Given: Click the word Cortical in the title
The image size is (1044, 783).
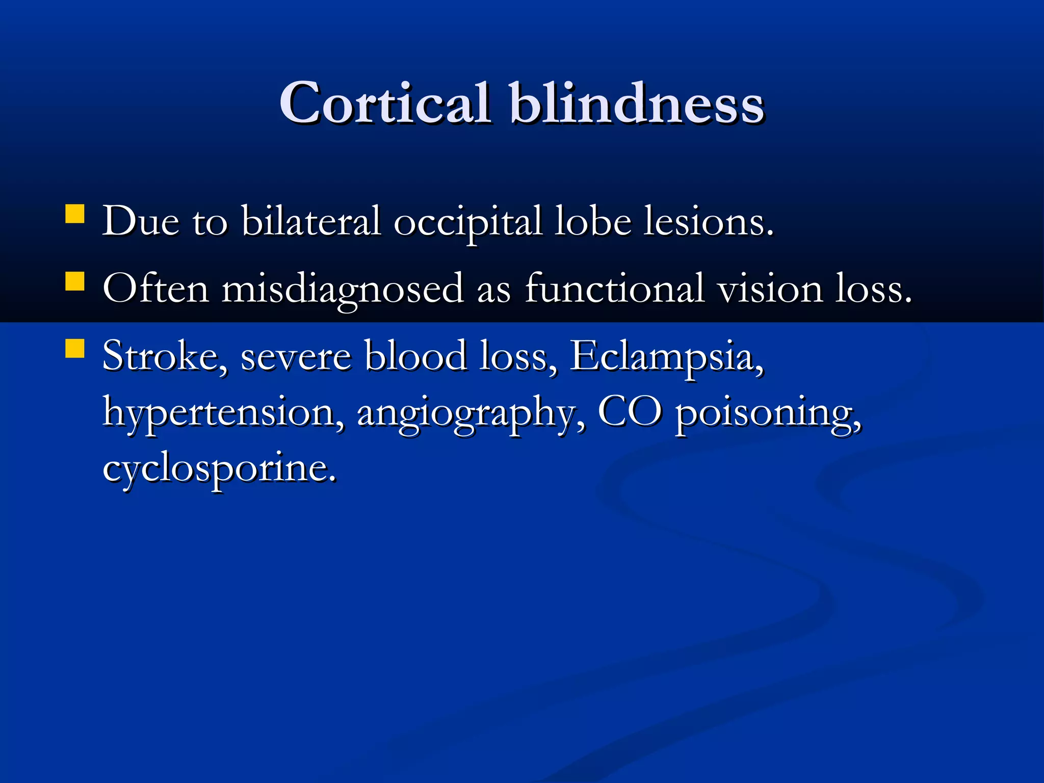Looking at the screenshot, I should tap(385, 103).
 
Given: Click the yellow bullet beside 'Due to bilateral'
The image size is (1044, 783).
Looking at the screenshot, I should tap(75, 214).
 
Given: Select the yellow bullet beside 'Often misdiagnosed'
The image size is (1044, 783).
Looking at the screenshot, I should tap(75, 281).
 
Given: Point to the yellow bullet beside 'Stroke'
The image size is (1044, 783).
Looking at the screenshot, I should tap(75, 349).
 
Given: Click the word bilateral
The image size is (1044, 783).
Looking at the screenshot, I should tap(311, 222).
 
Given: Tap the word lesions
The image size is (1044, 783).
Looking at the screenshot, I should tap(708, 222).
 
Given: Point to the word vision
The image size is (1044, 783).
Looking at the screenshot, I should tap(770, 289).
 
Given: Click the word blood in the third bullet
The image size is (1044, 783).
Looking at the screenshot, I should tap(415, 356).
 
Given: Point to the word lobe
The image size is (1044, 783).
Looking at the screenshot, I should tap(593, 222).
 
